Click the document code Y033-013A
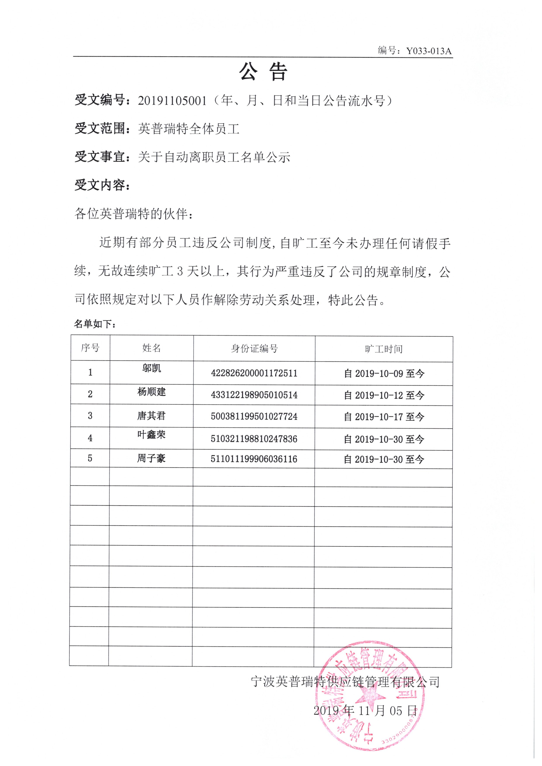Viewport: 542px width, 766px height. (429, 51)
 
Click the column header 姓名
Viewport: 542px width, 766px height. (152, 348)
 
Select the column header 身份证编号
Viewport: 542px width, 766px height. (254, 349)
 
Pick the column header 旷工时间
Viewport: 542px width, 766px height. (384, 349)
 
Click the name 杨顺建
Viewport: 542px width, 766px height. (152, 392)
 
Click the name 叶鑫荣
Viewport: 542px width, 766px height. (152, 435)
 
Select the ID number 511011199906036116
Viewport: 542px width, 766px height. (254, 459)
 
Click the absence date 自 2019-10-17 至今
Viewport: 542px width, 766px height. (384, 417)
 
